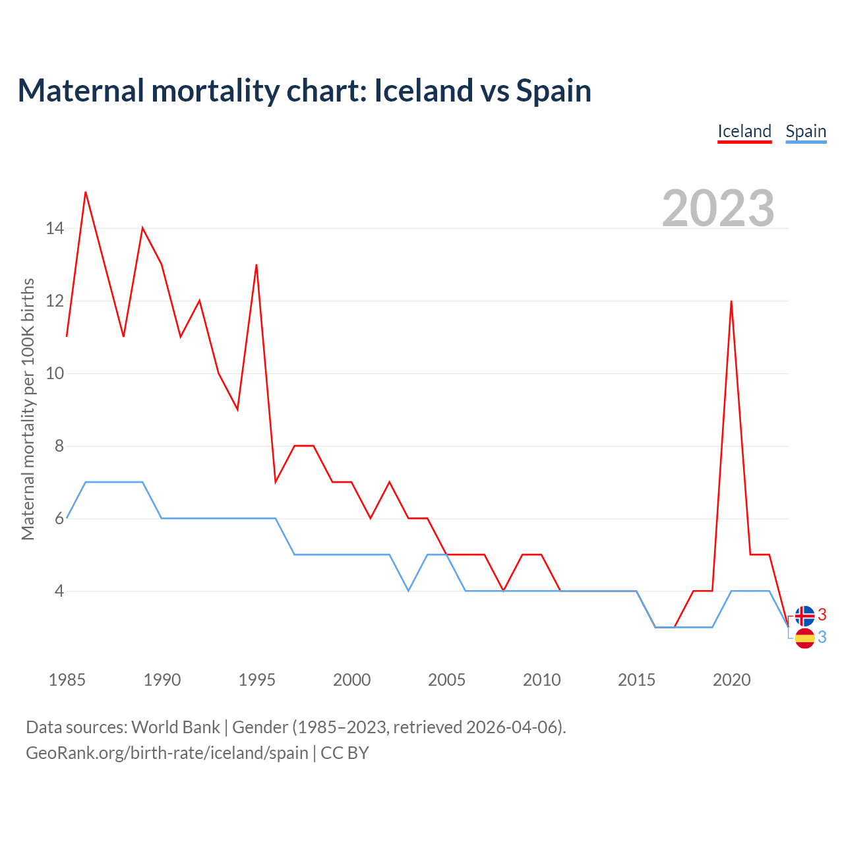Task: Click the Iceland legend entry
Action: coord(744,131)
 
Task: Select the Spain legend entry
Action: coord(806,131)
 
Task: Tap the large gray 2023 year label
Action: coord(718,208)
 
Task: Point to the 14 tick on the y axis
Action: coord(55,229)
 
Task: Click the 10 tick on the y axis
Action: coord(55,374)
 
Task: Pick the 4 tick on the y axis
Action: coord(59,591)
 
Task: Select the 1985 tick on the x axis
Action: coord(67,680)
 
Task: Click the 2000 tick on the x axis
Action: coord(351,680)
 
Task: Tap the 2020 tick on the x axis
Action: coord(731,680)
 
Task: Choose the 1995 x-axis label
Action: coord(256,680)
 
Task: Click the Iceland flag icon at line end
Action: coord(804,616)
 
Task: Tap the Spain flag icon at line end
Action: coord(804,638)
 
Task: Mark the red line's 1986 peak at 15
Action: coord(86,192)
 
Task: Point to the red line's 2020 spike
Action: coord(731,301)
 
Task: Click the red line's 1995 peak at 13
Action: coord(256,265)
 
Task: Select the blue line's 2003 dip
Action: coord(409,591)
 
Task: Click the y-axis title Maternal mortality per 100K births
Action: coord(28,409)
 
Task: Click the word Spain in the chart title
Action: coord(553,90)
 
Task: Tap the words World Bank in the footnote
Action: coord(175,727)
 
